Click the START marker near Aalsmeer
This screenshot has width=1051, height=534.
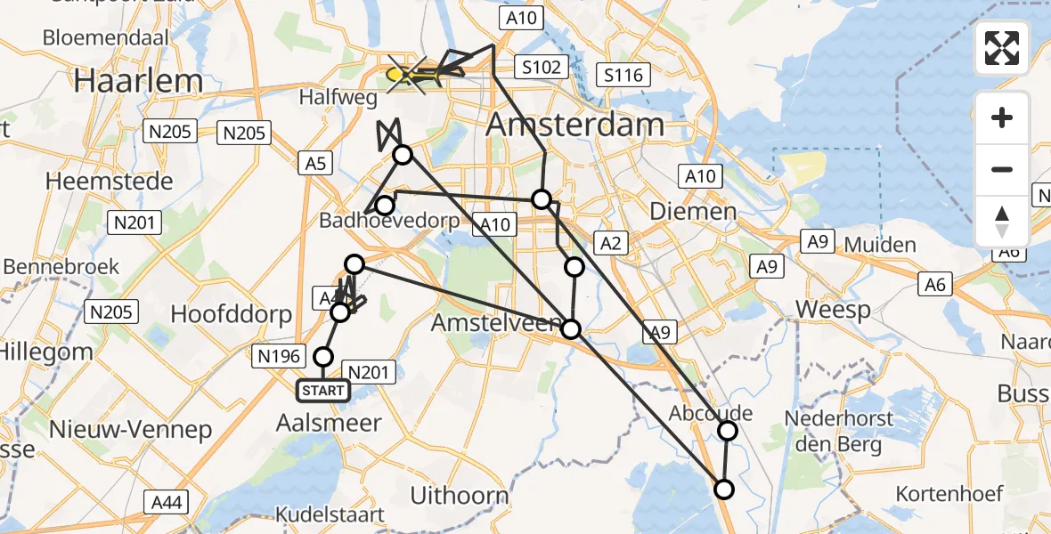(x=322, y=391)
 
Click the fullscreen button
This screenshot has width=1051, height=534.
(x=1002, y=48)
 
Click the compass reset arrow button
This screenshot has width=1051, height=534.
(x=1002, y=222)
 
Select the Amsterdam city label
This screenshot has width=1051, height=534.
(x=575, y=125)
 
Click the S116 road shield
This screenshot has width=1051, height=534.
(x=623, y=76)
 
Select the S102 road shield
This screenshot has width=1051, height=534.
(x=540, y=67)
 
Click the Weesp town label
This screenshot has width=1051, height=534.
(x=834, y=311)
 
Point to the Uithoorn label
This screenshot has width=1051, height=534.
(x=460, y=496)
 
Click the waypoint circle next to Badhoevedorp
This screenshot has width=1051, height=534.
(x=384, y=206)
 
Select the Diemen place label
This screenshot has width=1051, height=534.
(x=694, y=212)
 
